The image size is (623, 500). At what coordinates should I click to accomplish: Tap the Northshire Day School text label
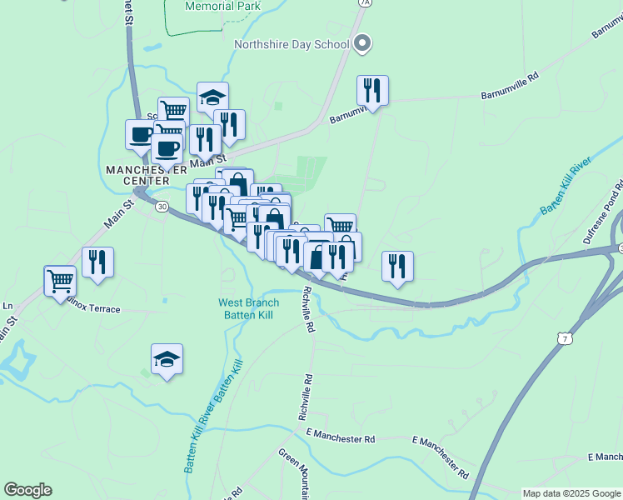coord(291,45)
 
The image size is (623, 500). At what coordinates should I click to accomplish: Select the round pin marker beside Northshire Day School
coord(361,43)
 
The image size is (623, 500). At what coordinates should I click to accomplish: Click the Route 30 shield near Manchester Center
coord(162,206)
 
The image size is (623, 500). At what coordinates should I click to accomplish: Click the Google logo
coord(27,490)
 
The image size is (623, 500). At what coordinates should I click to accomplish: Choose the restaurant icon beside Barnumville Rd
coord(372,90)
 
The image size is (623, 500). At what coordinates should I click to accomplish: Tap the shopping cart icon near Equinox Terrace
coord(61,281)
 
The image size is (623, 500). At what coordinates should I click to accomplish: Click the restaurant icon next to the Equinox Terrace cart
coord(97,262)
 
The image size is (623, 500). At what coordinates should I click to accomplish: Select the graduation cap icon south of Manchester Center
coord(167,358)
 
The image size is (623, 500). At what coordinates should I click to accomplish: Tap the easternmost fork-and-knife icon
coord(397,266)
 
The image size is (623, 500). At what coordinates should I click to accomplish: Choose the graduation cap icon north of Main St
coord(212,97)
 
